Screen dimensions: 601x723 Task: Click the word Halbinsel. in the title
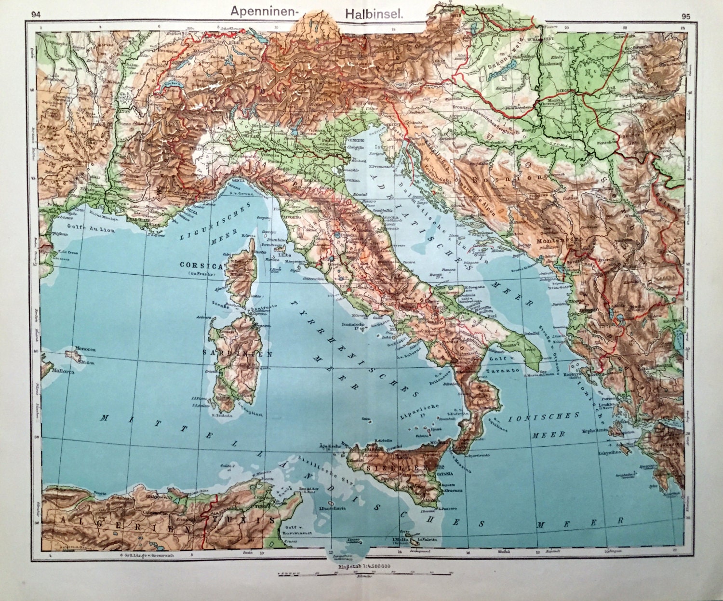coord(374,14)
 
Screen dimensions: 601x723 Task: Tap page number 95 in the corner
coord(686,16)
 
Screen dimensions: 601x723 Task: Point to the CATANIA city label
coord(445,473)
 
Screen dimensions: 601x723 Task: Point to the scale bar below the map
coord(365,574)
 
